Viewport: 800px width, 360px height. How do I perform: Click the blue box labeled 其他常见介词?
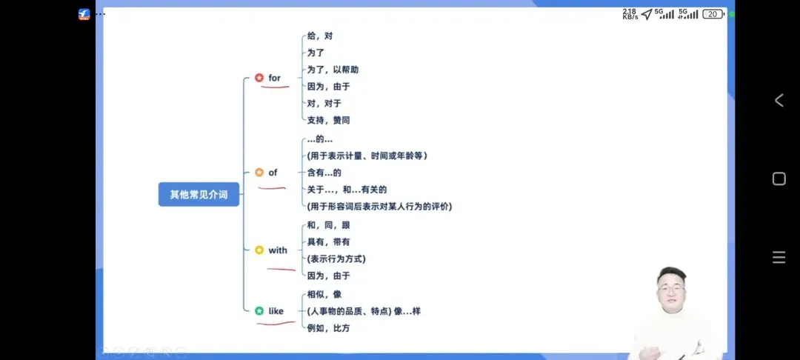199,194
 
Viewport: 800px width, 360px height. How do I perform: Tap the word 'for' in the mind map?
275,78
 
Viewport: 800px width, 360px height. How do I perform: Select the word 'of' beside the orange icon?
273,173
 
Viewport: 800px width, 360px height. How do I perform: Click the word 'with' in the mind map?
278,250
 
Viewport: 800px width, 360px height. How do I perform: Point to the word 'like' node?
276,311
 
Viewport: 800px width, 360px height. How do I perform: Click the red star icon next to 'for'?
259,78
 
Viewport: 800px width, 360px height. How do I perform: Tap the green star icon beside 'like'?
259,311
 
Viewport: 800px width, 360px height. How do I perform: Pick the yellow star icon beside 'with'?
259,250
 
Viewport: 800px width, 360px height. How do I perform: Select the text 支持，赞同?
329,120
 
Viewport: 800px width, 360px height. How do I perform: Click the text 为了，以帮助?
333,70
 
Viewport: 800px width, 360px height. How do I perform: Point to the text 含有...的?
324,173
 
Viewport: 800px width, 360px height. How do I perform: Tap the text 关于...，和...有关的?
347,190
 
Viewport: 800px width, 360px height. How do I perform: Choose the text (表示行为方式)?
336,259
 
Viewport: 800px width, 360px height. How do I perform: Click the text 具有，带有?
329,241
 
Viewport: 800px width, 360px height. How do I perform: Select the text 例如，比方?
329,328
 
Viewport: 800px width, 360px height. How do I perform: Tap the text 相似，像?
324,294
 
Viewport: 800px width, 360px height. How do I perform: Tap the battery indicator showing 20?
713,13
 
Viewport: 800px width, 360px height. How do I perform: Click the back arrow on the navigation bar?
779,101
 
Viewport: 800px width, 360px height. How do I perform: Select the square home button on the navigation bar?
779,179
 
